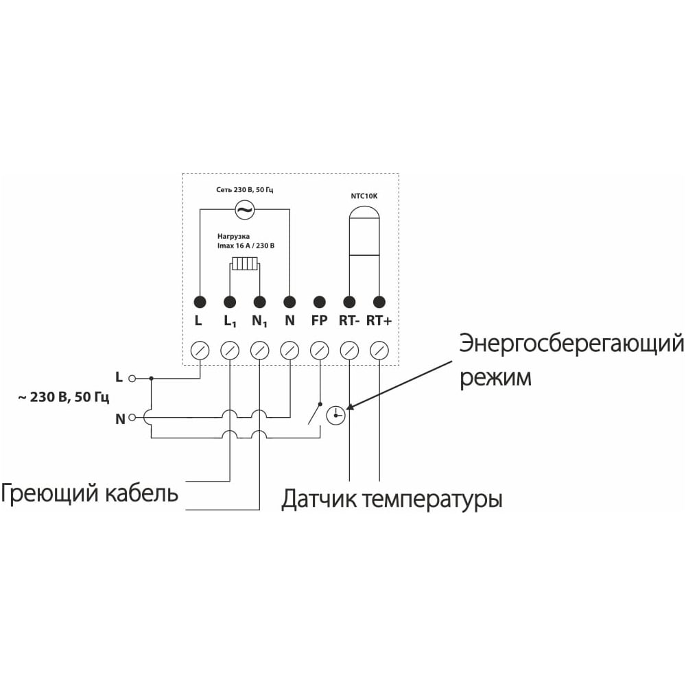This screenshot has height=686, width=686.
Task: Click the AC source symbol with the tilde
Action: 245,210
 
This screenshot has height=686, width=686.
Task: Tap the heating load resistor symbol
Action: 246,264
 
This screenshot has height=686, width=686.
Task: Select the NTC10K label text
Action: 364,196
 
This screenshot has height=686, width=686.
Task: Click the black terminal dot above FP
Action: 320,302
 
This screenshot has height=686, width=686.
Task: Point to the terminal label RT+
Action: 379,320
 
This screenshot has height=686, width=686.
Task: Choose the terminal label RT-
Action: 349,320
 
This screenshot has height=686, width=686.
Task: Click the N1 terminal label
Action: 259,322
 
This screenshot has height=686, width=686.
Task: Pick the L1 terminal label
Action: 230,322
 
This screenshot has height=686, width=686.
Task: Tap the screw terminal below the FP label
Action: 320,351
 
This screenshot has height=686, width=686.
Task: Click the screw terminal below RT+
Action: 379,351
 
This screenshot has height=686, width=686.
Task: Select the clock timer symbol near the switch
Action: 336,415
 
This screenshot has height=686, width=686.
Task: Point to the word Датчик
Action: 318,499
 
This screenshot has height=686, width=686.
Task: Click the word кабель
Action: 141,493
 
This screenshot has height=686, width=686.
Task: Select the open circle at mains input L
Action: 132,379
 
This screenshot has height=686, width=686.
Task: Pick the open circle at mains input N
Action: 132,418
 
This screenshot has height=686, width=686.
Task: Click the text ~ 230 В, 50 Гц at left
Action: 63,398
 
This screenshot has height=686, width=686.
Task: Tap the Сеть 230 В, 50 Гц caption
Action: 245,190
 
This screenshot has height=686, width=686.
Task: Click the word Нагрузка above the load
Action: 234,237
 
